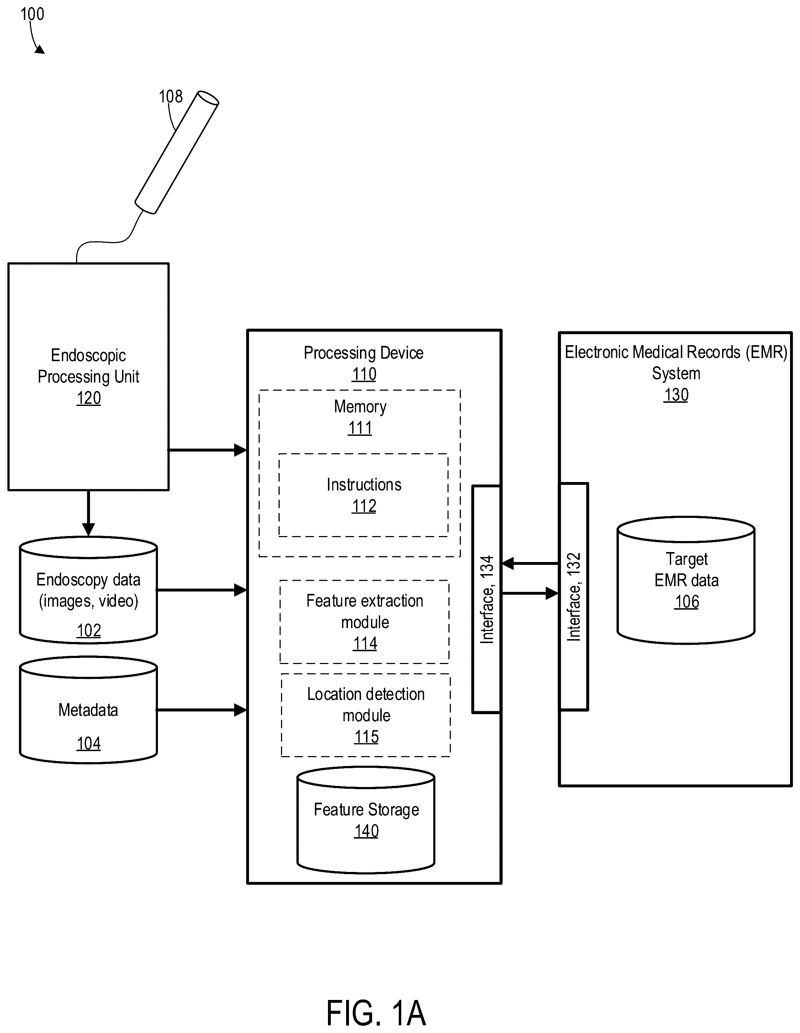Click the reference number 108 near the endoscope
tap(170, 96)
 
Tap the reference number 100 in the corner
tap(32, 14)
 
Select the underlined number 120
tap(89, 398)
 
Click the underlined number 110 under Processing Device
tap(364, 374)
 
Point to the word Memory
tap(360, 407)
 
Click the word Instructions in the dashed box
tap(364, 485)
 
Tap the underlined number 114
tap(365, 643)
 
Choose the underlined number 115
tap(366, 737)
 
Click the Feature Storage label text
tap(366, 809)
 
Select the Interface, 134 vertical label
tap(487, 599)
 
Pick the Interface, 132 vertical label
tap(574, 597)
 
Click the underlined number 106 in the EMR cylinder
tap(687, 602)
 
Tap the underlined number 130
tap(676, 395)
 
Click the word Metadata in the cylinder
tap(88, 710)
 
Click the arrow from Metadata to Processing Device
tap(202, 710)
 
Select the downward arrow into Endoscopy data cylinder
tap(89, 513)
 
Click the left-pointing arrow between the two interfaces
tap(530, 563)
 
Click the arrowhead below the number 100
tap(40, 49)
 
